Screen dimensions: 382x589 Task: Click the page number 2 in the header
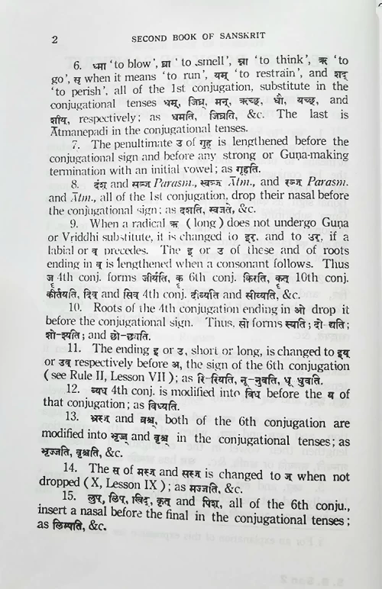click(54, 37)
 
